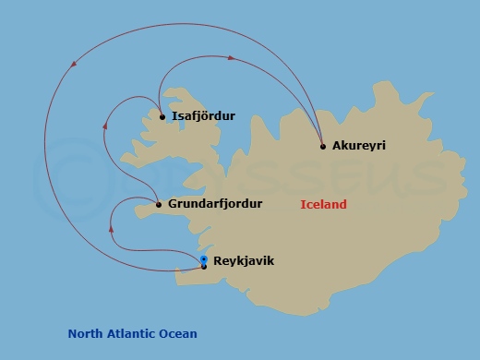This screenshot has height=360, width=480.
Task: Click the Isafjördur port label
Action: [x=203, y=116]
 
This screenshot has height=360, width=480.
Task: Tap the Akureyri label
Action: [x=358, y=146]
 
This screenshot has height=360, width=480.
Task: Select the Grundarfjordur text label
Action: [x=215, y=204]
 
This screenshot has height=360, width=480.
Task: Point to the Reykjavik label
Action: [x=243, y=261]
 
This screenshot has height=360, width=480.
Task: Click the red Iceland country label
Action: [x=323, y=205]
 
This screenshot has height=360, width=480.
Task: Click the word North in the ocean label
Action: [x=86, y=334]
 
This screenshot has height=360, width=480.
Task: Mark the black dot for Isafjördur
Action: [x=162, y=117]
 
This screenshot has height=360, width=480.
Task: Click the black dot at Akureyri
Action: [x=323, y=146]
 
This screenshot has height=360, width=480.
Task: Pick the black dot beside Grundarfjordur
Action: [x=159, y=205]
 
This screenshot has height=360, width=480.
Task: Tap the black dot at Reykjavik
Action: [x=204, y=267]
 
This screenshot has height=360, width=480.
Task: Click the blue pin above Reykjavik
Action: [x=204, y=259]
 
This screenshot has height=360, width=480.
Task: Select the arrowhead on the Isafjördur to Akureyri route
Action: [x=231, y=58]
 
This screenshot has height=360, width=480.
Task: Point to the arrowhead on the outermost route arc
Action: [x=74, y=63]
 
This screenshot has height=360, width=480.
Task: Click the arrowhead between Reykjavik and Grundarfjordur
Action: [x=112, y=227]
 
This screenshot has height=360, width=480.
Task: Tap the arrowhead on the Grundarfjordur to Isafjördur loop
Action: [x=107, y=121]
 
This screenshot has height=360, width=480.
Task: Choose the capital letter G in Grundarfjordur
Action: [x=174, y=204]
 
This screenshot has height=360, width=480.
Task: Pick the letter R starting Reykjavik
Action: [x=217, y=261]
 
